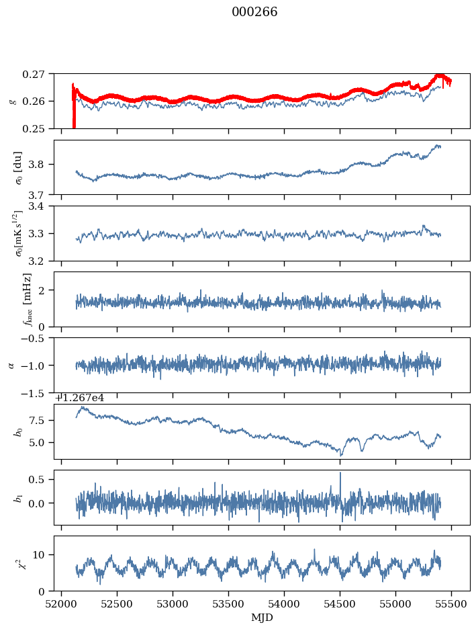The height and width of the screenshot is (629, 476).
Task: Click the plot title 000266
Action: point(254,12)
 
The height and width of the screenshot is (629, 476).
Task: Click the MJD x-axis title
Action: point(262,618)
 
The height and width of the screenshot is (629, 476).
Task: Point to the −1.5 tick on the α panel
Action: point(38,392)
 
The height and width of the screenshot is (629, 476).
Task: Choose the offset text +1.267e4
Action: point(79,398)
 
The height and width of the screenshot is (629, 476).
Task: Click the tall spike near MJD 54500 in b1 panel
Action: point(340,474)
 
